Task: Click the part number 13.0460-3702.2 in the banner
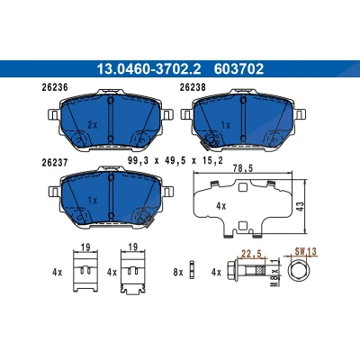point(148,69)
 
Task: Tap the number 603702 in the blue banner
point(238,69)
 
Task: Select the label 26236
point(55,87)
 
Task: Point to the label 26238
point(193,87)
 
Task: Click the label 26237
point(54,163)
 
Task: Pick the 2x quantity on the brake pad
point(93,125)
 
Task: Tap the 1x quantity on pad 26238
point(225,125)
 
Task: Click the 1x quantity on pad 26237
point(93,201)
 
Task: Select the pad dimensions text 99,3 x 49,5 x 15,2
point(175,161)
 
